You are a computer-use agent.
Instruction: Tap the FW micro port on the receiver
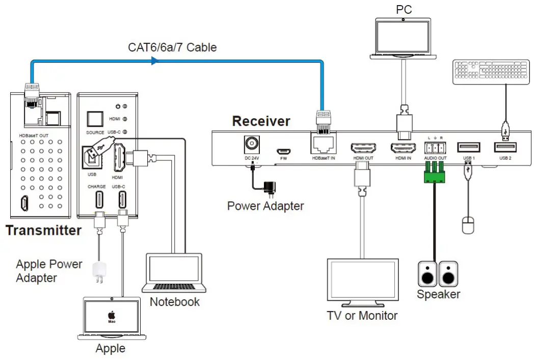pyautogui.click(x=284, y=151)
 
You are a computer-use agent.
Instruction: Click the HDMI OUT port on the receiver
pyautogui.click(x=362, y=148)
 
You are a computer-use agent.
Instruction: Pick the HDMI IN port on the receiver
pyautogui.click(x=403, y=148)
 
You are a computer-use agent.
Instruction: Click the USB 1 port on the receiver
pyautogui.click(x=469, y=148)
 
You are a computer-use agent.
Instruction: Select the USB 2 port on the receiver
pyautogui.click(x=505, y=148)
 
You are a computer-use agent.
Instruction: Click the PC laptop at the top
pyautogui.click(x=403, y=39)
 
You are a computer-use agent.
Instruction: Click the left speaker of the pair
pyautogui.click(x=426, y=274)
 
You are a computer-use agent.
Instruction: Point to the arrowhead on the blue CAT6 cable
pyautogui.click(x=154, y=61)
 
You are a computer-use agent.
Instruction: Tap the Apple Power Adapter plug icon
pyautogui.click(x=97, y=272)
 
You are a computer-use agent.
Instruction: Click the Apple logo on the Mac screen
pyautogui.click(x=111, y=315)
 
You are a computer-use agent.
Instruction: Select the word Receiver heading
pyautogui.click(x=261, y=121)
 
